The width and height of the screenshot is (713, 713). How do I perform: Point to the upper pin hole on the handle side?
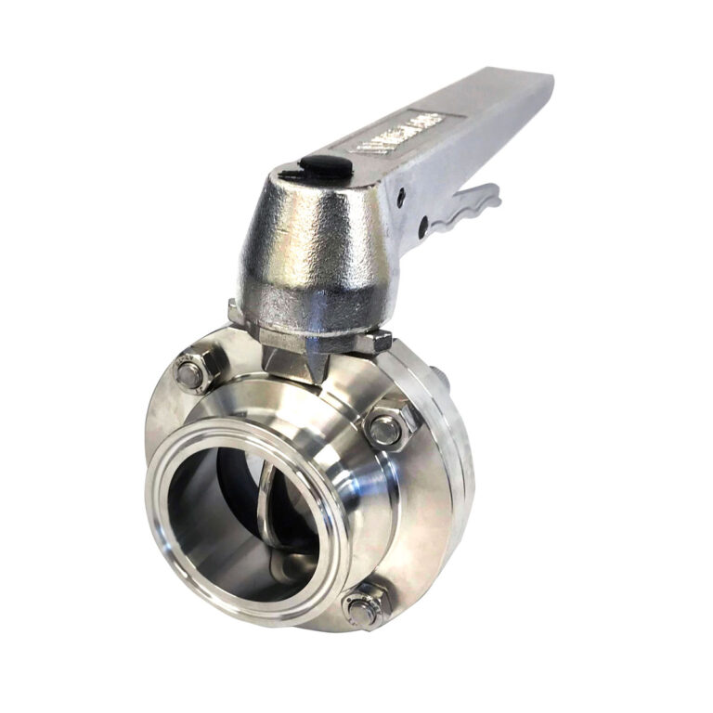(x=401, y=197)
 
